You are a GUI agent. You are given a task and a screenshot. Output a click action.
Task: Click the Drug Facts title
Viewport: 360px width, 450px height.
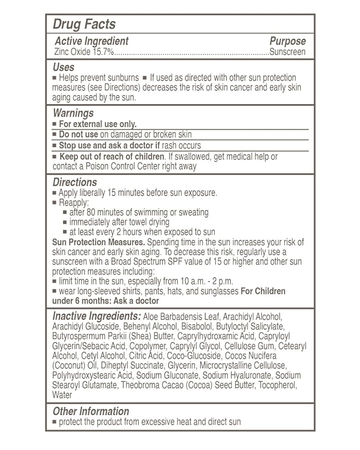[x=84, y=24]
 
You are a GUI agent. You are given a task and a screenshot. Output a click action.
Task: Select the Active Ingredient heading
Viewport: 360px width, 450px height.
[x=91, y=41]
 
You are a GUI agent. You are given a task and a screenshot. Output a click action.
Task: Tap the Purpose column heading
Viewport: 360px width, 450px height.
[x=287, y=41]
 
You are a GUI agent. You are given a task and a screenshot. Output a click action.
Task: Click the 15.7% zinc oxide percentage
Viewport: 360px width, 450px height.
[x=102, y=52]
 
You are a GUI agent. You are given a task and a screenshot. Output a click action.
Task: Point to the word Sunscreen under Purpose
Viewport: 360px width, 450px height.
[x=287, y=52]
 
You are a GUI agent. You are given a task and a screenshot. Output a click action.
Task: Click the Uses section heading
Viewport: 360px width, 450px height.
[x=63, y=67]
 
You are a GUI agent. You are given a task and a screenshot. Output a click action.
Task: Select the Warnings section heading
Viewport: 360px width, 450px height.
[x=73, y=113]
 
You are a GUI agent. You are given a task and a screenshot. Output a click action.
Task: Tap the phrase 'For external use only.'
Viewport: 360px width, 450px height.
[x=98, y=124]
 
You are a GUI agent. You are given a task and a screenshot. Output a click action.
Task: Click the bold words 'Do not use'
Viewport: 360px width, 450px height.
[x=78, y=135]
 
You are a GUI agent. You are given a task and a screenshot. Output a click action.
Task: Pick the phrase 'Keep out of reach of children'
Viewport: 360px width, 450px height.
[x=112, y=156]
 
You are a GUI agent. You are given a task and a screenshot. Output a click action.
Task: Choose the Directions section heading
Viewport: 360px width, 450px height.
[x=74, y=182]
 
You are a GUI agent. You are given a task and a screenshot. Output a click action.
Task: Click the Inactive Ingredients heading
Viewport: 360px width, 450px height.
[x=97, y=316]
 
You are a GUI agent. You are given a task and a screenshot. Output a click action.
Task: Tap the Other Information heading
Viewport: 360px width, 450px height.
[x=91, y=411]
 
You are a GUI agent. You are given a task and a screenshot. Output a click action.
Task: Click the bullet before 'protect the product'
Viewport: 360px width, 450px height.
[x=55, y=422]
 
